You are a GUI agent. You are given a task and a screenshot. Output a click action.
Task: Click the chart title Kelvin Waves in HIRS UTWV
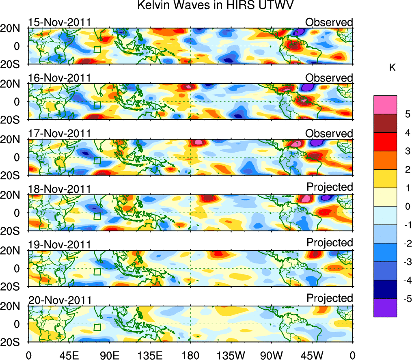[215, 6]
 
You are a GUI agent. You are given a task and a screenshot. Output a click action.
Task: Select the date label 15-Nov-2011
[60, 22]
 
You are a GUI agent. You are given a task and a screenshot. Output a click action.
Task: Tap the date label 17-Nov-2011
[60, 134]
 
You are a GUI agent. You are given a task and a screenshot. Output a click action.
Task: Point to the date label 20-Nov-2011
[60, 300]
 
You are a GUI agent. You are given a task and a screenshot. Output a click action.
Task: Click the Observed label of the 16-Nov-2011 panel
[329, 78]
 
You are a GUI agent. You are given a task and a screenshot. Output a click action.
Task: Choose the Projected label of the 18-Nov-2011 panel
[330, 187]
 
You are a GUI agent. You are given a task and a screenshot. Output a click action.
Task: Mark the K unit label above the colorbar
[393, 68]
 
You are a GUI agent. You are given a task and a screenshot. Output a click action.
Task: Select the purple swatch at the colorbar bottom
[385, 308]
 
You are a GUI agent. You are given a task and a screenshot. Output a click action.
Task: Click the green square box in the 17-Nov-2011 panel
[97, 160]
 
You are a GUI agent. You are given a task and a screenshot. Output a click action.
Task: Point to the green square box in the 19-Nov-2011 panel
[97, 272]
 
